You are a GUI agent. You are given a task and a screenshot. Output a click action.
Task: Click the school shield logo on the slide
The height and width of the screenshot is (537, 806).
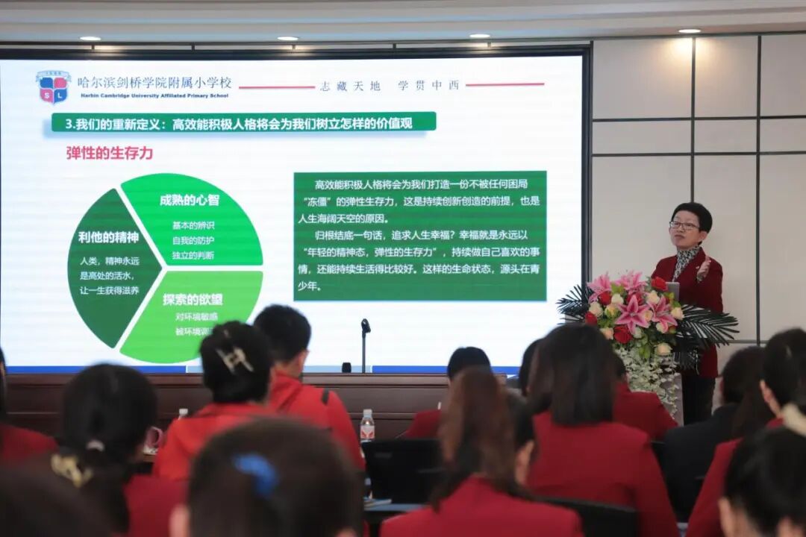(53, 87)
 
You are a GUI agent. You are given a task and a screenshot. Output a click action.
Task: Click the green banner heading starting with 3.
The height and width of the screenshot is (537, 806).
(243, 122)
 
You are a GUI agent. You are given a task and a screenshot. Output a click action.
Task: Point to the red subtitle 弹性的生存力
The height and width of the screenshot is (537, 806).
(110, 153)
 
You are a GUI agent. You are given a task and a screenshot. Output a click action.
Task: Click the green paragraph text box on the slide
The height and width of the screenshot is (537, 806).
(419, 236)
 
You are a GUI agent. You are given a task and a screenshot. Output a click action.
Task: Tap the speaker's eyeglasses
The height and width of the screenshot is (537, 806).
(684, 225)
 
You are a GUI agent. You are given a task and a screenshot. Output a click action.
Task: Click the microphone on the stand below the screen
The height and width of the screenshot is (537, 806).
(365, 326)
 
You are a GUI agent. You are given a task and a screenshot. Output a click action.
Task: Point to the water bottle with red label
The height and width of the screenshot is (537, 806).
(367, 425)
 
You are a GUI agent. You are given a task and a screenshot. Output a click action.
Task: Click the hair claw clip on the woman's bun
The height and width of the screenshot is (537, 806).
(234, 359)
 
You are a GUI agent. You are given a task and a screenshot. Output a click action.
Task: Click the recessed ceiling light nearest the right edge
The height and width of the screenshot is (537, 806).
(689, 31)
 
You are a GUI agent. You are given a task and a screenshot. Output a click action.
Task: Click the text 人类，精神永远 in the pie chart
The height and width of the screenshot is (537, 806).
(110, 261)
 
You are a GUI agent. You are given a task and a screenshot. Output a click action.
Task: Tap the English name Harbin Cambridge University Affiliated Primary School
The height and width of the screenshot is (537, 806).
(153, 95)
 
